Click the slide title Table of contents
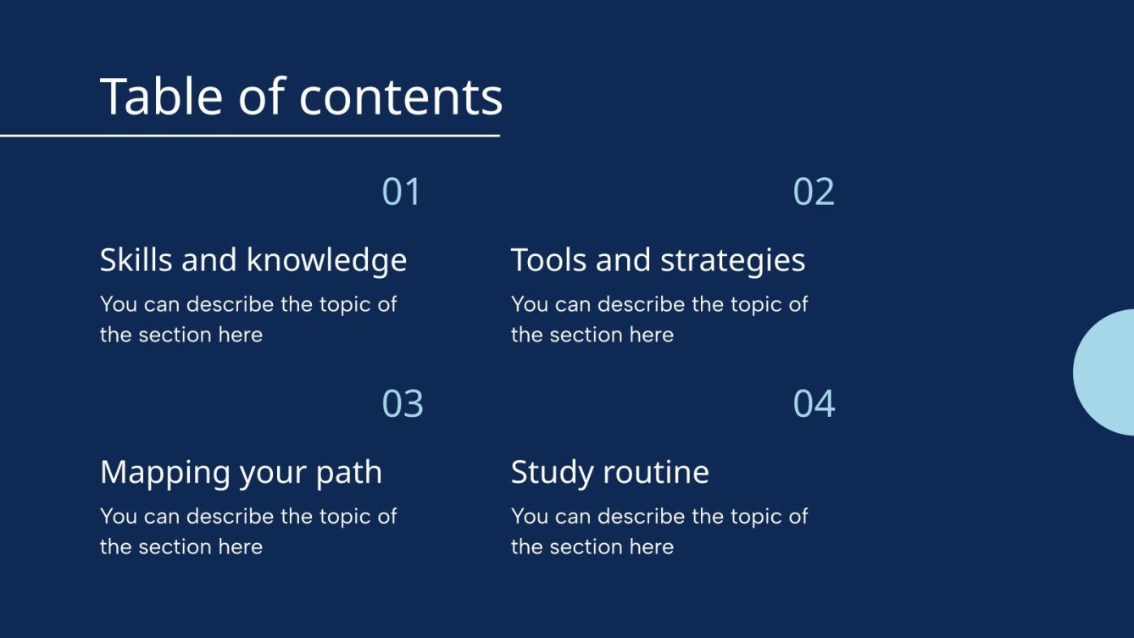click(301, 97)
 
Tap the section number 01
click(401, 192)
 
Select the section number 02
click(814, 192)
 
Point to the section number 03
click(403, 404)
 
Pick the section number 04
click(814, 404)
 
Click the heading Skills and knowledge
click(253, 260)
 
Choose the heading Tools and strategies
click(658, 260)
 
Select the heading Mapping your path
click(241, 472)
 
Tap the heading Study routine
click(609, 472)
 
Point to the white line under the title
click(249, 136)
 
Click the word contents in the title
click(401, 97)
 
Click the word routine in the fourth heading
click(658, 472)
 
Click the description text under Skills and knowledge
click(247, 319)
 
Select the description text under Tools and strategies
click(659, 319)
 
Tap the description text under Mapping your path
click(247, 531)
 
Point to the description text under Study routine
click(659, 531)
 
